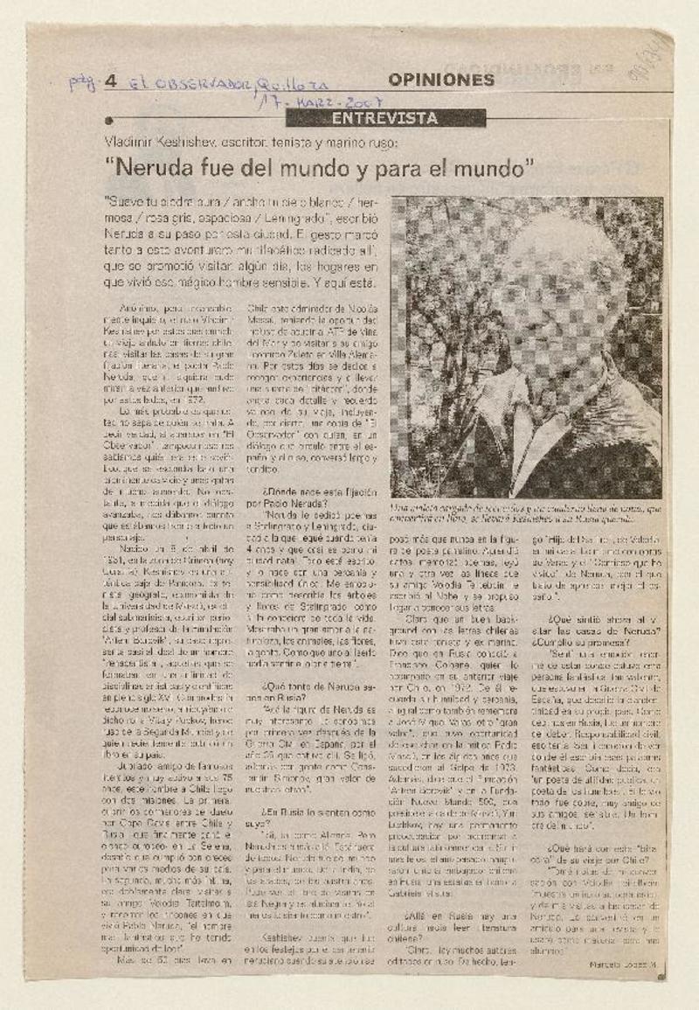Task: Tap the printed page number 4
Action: [110, 82]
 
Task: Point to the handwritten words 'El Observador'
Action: [188, 83]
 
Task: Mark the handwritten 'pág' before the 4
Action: [83, 83]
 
